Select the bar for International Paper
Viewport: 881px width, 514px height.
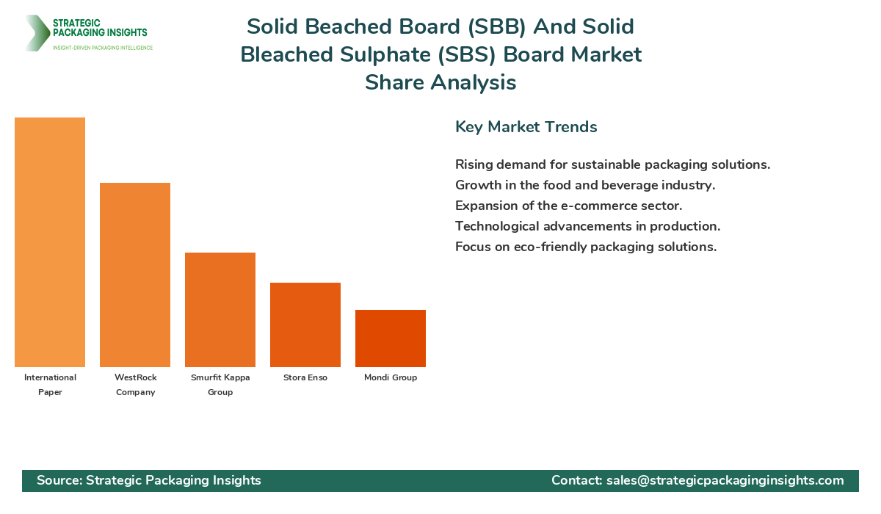[50, 242]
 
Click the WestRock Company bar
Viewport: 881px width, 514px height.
[135, 275]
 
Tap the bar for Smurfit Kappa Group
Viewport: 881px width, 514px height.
[220, 310]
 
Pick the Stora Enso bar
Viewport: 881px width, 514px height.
[305, 325]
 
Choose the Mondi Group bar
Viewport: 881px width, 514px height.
[391, 339]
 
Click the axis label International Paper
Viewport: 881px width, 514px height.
[50, 385]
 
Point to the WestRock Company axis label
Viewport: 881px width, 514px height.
[135, 385]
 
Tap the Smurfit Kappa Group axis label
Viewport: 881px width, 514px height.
[220, 385]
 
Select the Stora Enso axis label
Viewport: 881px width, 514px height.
[305, 377]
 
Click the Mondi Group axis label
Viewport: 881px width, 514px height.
[391, 377]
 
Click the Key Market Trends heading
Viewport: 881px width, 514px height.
[526, 127]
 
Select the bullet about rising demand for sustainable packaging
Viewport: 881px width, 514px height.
[612, 164]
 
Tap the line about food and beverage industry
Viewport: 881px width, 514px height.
[585, 185]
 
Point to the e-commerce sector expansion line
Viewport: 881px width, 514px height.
[569, 206]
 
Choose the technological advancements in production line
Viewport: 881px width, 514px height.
[587, 226]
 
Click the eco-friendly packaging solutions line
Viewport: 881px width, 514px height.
[586, 247]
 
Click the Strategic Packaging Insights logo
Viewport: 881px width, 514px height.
[88, 33]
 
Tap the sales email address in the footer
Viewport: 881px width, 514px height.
[725, 480]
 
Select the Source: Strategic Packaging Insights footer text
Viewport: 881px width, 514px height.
[149, 480]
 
